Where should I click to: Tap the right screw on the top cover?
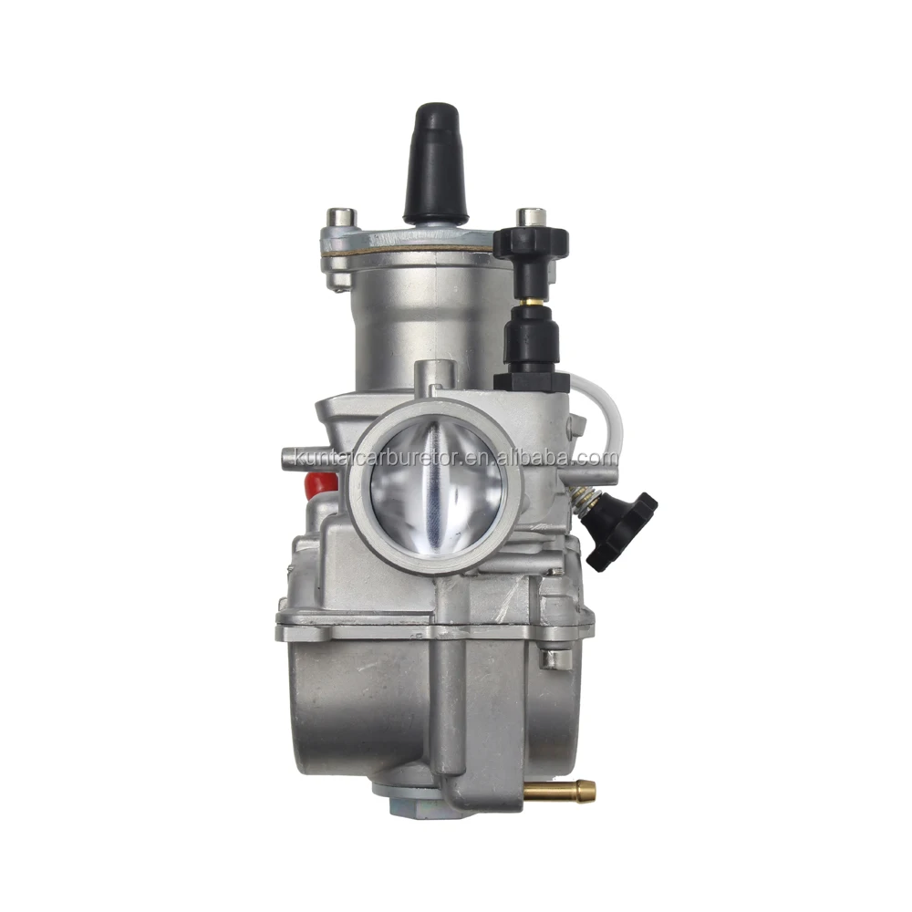pos(531,219)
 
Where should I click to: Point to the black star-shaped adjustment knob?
pos(621,530)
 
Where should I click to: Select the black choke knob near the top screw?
pos(531,245)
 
